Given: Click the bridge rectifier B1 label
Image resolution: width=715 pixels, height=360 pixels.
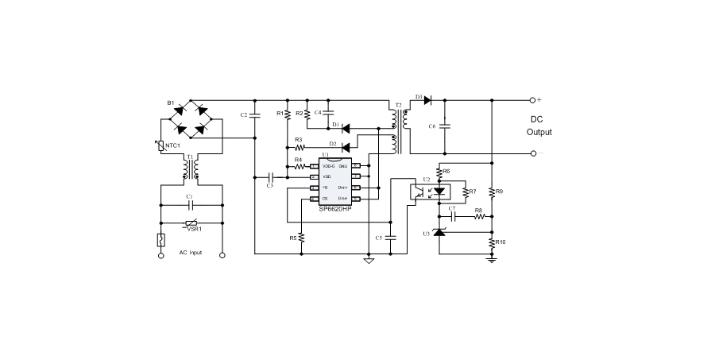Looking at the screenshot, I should [170, 103].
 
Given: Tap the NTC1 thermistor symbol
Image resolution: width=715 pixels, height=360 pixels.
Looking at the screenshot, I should [161, 145].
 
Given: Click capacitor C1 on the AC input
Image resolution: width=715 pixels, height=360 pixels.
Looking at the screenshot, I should [190, 204].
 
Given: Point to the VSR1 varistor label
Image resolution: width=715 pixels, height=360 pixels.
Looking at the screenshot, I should [194, 229].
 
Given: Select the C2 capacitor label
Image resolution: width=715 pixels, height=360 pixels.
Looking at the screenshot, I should [244, 115].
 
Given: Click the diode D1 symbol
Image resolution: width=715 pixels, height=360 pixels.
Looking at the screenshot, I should [346, 126].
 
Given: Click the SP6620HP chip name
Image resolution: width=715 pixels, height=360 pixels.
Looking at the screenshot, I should [337, 208].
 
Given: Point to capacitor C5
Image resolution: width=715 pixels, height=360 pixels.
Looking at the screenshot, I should [390, 238].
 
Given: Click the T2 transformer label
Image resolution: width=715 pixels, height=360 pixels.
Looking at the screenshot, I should [398, 105].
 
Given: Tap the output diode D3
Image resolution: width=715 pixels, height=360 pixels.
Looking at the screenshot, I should [427, 100].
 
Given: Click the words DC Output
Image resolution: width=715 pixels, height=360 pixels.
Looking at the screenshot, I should [539, 126].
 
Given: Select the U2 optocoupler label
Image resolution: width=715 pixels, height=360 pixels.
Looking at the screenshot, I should [426, 180].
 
